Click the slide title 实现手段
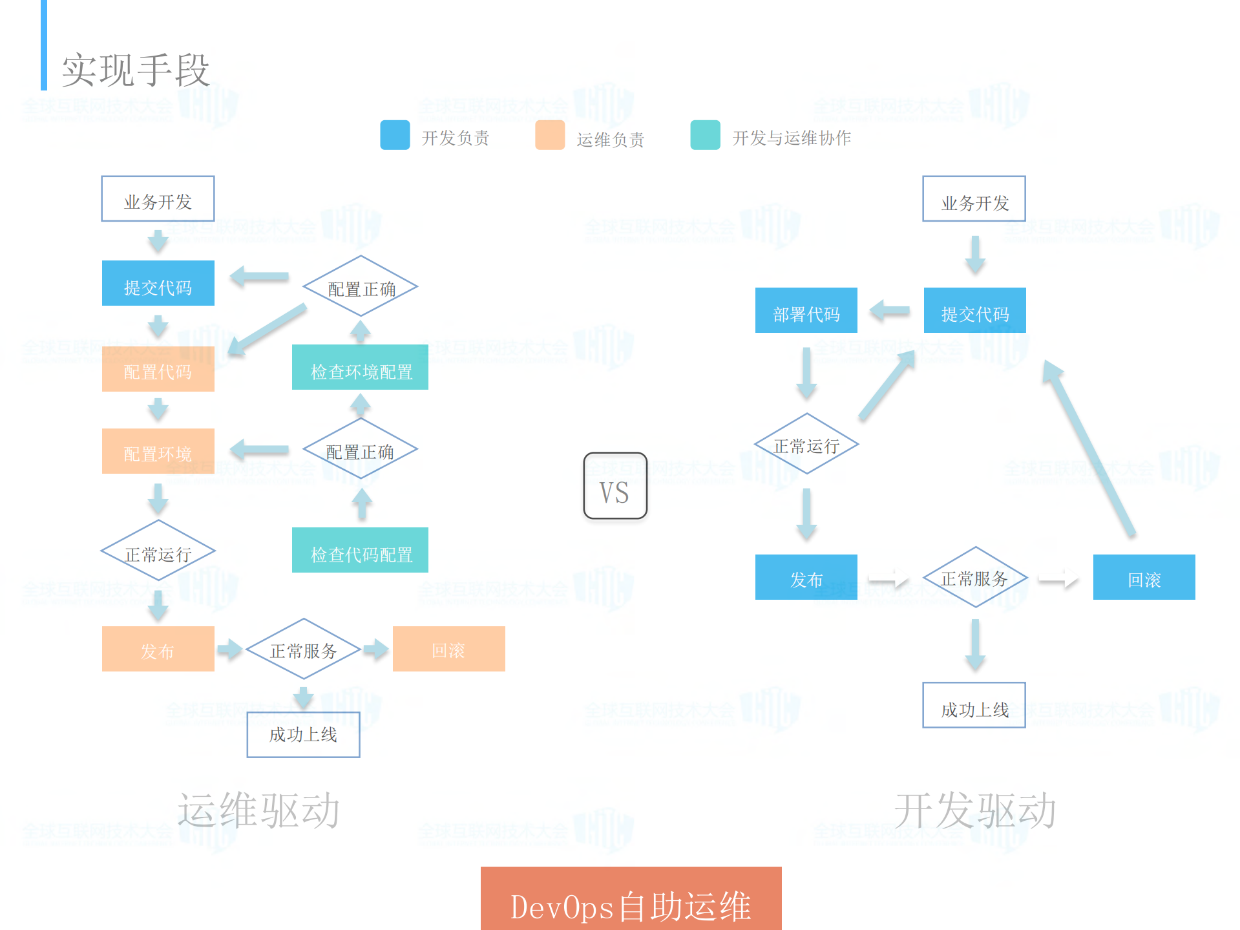[x=136, y=70]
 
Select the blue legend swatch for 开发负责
[x=395, y=135]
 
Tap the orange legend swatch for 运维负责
[x=550, y=135]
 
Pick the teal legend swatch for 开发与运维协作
[x=705, y=135]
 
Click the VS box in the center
[x=615, y=486]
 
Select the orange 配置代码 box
[x=158, y=369]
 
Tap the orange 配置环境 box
[x=158, y=451]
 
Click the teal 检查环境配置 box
[x=360, y=368]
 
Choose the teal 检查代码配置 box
[x=360, y=551]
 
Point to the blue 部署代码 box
[x=806, y=311]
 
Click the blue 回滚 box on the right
[x=1144, y=578]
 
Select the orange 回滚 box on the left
[x=448, y=649]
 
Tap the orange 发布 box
[x=158, y=649]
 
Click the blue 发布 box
[x=806, y=578]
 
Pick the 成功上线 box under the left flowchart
[x=303, y=735]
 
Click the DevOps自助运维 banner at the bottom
[x=631, y=900]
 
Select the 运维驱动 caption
[x=258, y=810]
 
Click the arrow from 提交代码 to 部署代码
[x=890, y=311]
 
